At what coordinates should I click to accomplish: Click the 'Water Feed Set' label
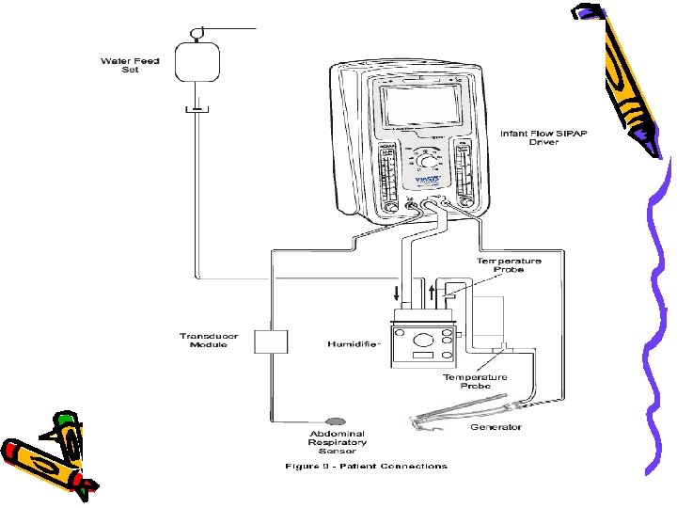pyautogui.click(x=131, y=66)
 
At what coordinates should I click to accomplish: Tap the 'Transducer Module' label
pyautogui.click(x=208, y=341)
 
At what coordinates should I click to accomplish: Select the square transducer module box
pyautogui.click(x=270, y=341)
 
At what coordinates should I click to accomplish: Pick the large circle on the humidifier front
pyautogui.click(x=420, y=341)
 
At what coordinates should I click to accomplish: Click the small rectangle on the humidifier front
pyautogui.click(x=422, y=357)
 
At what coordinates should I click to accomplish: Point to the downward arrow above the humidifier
pyautogui.click(x=395, y=294)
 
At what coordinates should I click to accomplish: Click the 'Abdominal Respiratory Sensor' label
pyautogui.click(x=338, y=443)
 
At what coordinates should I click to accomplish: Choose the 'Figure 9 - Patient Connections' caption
pyautogui.click(x=366, y=467)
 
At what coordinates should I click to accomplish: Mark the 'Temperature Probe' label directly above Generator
pyautogui.click(x=476, y=381)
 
